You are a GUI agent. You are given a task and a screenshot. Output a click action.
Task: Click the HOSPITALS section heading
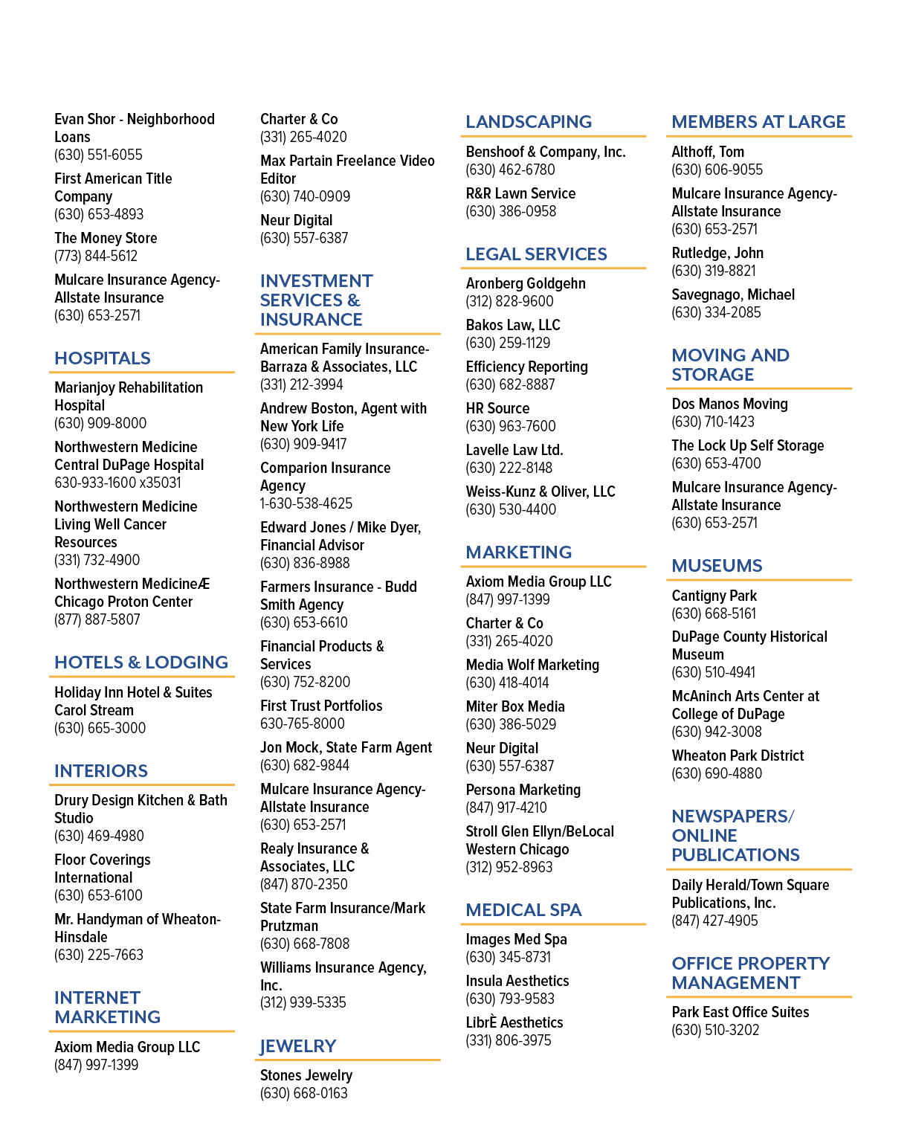[x=103, y=358]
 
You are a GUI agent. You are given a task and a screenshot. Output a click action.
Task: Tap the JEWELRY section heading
[x=298, y=1046]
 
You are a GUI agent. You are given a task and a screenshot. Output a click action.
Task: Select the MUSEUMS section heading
[x=717, y=565]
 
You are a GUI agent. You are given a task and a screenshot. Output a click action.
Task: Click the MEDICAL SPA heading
[x=523, y=909]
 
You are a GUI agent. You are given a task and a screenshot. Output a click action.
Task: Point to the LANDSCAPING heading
[x=529, y=122]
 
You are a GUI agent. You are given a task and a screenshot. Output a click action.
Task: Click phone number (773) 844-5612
[x=96, y=256]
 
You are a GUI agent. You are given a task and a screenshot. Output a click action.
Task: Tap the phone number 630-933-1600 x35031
[x=117, y=483]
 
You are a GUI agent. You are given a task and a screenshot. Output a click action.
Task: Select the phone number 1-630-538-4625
[x=306, y=503]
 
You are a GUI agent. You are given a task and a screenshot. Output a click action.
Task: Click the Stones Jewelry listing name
[x=306, y=1075]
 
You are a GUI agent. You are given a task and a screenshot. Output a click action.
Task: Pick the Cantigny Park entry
[x=714, y=596]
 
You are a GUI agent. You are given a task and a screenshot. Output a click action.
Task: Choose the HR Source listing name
[x=497, y=408]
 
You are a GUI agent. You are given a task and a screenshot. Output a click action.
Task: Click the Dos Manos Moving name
[x=730, y=404]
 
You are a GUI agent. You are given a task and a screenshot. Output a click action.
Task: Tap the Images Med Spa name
[x=517, y=939]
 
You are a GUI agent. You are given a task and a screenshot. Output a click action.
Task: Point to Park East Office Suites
[x=740, y=1012]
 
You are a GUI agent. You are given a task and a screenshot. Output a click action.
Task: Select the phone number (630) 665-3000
[x=100, y=728]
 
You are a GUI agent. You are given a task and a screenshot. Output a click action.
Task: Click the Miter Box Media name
[x=515, y=706]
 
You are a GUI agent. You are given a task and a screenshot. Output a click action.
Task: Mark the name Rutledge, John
[x=717, y=253]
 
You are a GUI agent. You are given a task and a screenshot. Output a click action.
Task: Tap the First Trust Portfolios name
[x=321, y=706]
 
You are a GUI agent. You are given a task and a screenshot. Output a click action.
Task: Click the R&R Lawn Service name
[x=520, y=193]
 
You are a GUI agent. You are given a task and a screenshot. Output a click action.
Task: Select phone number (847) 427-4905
[x=715, y=921]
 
